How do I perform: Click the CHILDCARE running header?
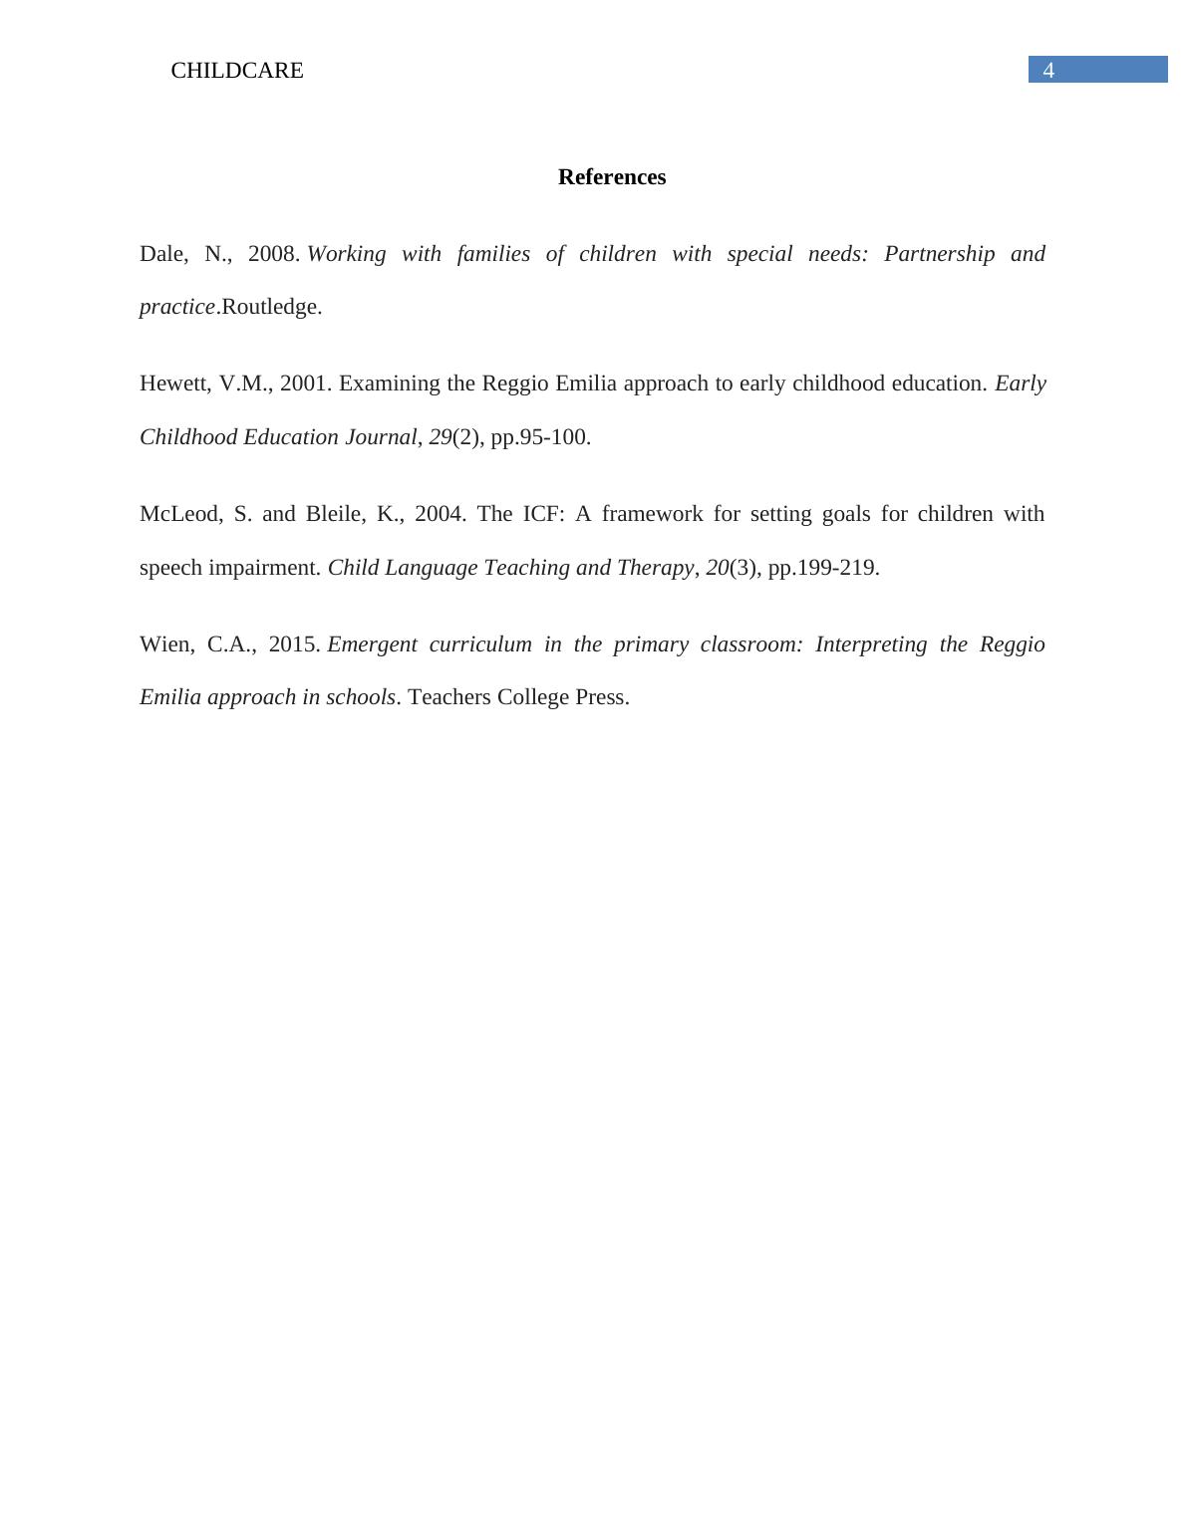click(x=237, y=71)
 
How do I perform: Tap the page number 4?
click(x=1048, y=71)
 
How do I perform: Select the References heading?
click(x=612, y=177)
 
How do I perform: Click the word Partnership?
click(x=939, y=254)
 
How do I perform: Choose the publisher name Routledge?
click(x=270, y=307)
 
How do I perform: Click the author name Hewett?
click(x=173, y=383)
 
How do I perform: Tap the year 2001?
click(x=305, y=383)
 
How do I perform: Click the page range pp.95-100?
click(x=540, y=437)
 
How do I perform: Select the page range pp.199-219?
click(x=823, y=568)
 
